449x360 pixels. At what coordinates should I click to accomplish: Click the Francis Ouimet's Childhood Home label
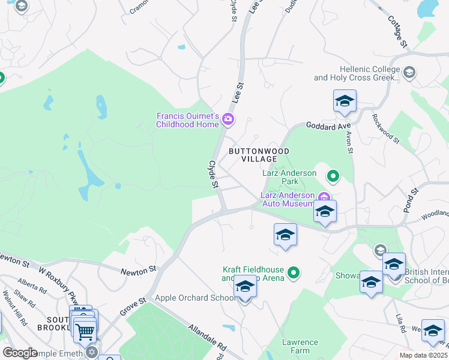tap(187, 120)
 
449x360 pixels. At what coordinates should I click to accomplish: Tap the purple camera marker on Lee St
tap(228, 119)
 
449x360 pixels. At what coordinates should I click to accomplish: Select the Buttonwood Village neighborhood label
tap(259, 155)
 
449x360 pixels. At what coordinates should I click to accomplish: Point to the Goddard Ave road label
tap(328, 126)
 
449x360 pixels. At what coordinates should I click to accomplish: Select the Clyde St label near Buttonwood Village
tap(212, 175)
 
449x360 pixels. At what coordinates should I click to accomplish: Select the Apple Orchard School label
tap(196, 298)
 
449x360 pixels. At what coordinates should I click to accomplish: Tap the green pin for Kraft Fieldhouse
tap(294, 274)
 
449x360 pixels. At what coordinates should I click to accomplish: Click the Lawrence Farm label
tap(300, 346)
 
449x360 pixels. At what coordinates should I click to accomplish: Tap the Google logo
tap(20, 353)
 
